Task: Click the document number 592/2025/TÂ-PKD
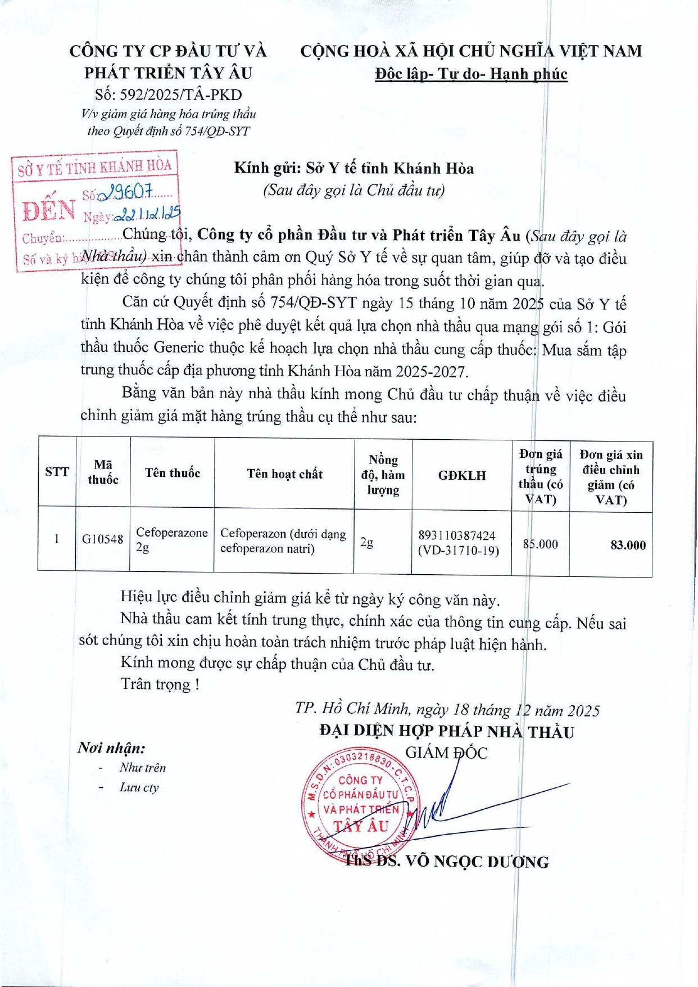pyautogui.click(x=169, y=94)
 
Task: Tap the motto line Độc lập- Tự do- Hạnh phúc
pyautogui.click(x=471, y=74)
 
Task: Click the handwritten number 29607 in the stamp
pyautogui.click(x=125, y=193)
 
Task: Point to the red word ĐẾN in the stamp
pyautogui.click(x=49, y=210)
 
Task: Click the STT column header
pyautogui.click(x=57, y=472)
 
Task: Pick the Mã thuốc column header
pyautogui.click(x=103, y=472)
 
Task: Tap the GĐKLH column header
pyautogui.click(x=461, y=476)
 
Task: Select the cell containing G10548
pyautogui.click(x=102, y=539)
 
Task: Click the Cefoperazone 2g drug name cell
pyautogui.click(x=171, y=539)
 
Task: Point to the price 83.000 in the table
pyautogui.click(x=628, y=545)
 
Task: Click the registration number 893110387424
pyautogui.click(x=457, y=535)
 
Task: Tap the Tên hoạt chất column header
pyautogui.click(x=284, y=474)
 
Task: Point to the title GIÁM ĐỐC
pyautogui.click(x=446, y=752)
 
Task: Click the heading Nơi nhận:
pyautogui.click(x=112, y=748)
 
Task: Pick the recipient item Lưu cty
pyautogui.click(x=139, y=787)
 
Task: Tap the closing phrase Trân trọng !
pyautogui.click(x=160, y=684)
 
